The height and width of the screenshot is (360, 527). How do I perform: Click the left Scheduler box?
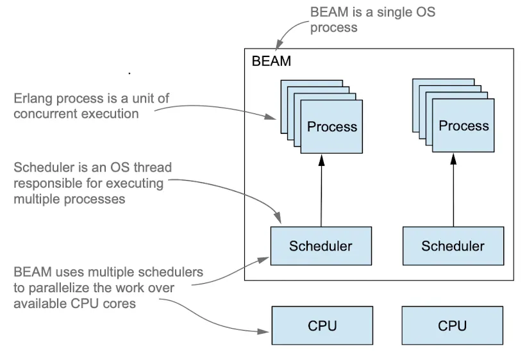[321, 246]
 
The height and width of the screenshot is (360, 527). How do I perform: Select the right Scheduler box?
[453, 246]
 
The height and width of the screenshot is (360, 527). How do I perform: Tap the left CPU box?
[321, 325]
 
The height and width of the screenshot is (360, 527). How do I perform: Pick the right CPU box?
[453, 325]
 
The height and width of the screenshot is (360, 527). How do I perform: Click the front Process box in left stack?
[331, 126]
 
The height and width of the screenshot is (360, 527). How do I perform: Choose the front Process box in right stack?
[463, 126]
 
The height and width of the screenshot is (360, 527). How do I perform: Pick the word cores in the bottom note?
[121, 304]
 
